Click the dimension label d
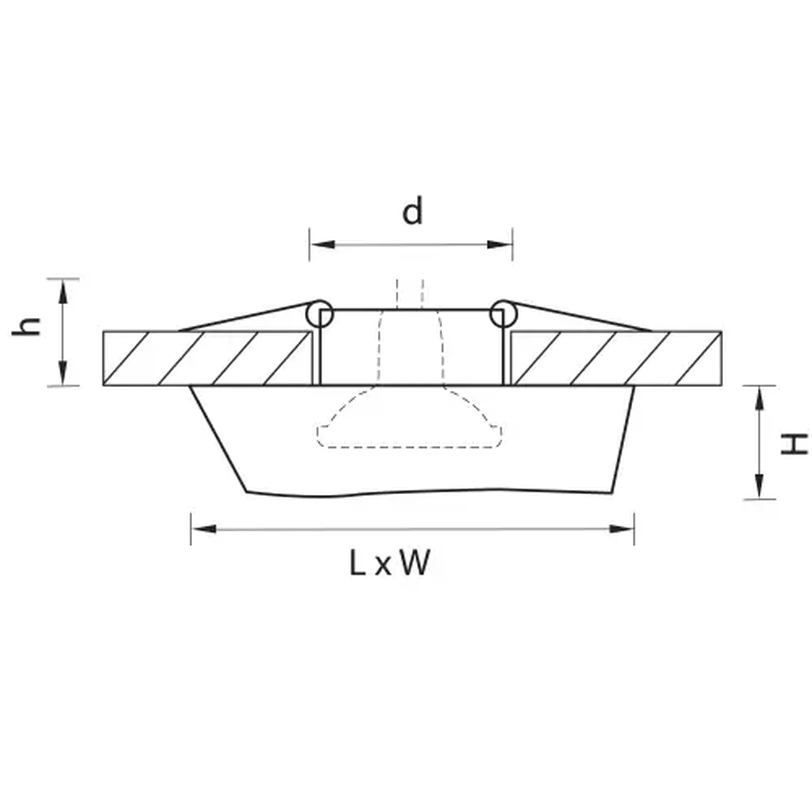pyautogui.click(x=412, y=211)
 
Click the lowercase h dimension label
pyautogui.click(x=26, y=326)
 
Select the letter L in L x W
pyautogui.click(x=357, y=563)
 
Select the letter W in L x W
pyautogui.click(x=415, y=563)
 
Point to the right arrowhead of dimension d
pyautogui.click(x=499, y=245)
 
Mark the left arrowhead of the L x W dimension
pyautogui.click(x=204, y=529)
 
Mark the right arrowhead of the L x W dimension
pyautogui.click(x=620, y=529)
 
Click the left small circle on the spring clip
pyautogui.click(x=320, y=313)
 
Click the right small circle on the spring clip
pyautogui.click(x=503, y=313)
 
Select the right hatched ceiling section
pyautogui.click(x=616, y=358)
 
